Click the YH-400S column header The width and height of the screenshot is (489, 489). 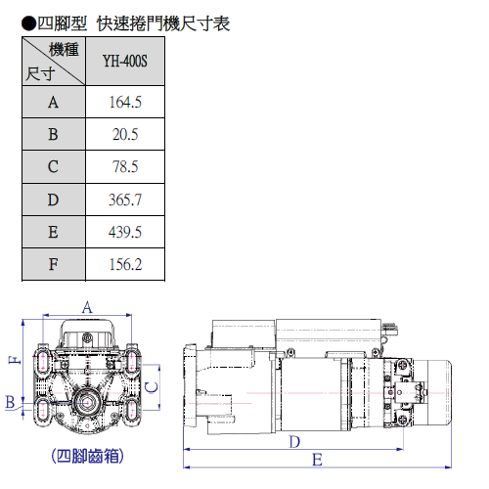125,61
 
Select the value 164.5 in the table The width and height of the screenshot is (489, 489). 125,102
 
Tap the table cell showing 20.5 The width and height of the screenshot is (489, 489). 125,134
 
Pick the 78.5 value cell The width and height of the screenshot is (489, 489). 125,166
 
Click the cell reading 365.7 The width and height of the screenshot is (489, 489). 125,200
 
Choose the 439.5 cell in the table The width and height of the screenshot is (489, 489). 125,232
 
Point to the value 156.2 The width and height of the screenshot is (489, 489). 125,264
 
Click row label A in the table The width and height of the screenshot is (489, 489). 54,103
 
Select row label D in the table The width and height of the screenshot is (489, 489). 54,200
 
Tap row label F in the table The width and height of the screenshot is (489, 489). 54,264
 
